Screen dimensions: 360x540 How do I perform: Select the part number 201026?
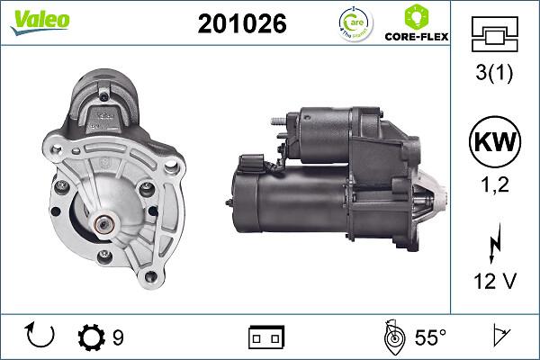[241, 25]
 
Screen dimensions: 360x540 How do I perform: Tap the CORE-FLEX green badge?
[416, 24]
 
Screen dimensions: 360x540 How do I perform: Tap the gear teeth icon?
[94, 337]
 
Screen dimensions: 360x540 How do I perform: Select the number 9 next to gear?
[118, 337]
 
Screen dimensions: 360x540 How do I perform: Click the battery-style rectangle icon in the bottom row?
[266, 337]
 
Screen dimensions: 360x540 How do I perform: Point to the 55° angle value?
[429, 337]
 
